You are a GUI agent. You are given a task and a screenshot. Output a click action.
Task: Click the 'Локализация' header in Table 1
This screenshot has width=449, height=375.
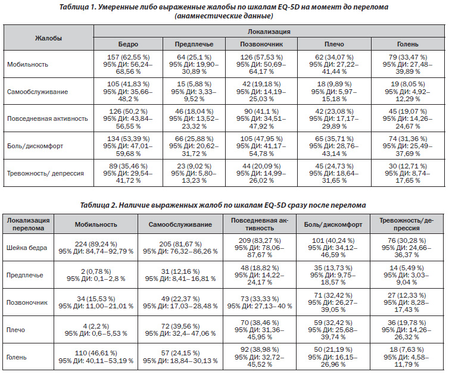[x=269, y=32]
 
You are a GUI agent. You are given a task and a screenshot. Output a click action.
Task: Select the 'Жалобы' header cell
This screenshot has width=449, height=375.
[x=48, y=38]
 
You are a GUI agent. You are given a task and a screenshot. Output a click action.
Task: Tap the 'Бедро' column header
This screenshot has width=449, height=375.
[x=128, y=45]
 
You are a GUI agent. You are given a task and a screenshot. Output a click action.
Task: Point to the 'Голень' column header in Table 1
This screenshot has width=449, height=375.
[x=408, y=45]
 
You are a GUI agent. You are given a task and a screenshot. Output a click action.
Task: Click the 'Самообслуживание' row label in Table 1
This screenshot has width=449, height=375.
[x=38, y=92]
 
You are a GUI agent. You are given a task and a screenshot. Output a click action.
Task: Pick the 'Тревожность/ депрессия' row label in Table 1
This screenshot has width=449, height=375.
[x=45, y=173]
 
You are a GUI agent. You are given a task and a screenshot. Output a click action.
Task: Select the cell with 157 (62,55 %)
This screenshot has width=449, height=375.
[x=128, y=64]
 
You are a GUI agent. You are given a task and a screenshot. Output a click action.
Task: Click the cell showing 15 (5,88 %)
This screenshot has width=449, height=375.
[x=194, y=92]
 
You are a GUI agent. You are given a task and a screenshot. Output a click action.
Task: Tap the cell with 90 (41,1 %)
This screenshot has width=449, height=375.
[x=261, y=119]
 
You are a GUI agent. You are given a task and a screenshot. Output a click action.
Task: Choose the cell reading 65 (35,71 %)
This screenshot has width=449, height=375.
[x=334, y=146]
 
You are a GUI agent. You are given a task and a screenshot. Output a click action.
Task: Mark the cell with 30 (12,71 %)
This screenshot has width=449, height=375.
[x=408, y=173]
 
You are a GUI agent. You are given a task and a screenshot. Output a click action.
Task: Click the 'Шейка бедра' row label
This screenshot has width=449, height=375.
[x=27, y=248]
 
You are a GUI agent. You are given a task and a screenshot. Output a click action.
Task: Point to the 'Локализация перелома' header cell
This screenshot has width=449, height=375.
[x=28, y=224]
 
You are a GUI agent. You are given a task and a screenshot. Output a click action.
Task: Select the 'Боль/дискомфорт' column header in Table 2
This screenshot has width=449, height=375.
[x=333, y=225]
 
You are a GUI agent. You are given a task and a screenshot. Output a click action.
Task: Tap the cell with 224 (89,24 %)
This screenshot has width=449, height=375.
[x=96, y=248]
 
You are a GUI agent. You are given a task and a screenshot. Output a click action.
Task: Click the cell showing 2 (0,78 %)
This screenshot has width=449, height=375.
[x=96, y=275]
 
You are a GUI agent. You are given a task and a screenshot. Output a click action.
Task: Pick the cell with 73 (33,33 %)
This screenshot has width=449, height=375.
[x=260, y=302]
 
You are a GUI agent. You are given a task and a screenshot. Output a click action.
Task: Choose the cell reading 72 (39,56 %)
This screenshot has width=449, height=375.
[x=180, y=330]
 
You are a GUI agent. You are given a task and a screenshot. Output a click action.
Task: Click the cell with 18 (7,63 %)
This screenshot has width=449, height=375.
[x=406, y=357]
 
